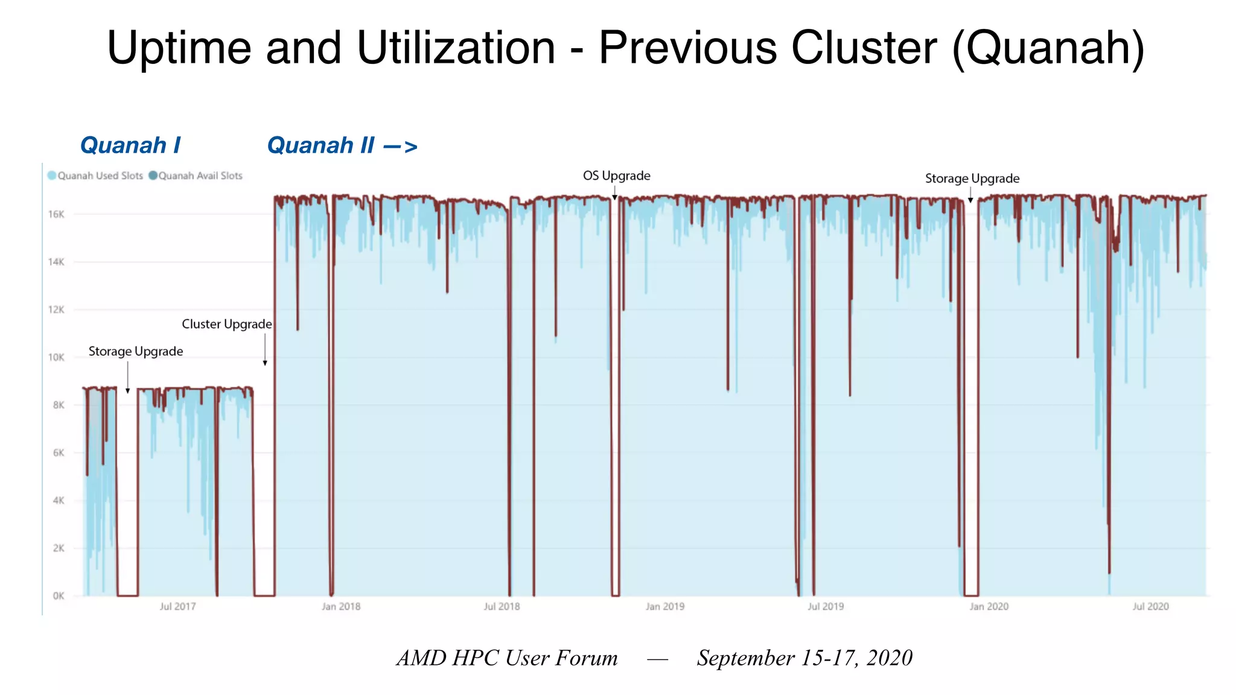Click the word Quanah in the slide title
click(1048, 48)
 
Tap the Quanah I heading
click(130, 145)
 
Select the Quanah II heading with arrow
click(342, 145)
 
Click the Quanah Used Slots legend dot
click(52, 176)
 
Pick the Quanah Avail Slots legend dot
click(153, 176)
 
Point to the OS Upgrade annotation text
click(616, 176)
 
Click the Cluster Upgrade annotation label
click(227, 324)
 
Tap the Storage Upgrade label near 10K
click(136, 351)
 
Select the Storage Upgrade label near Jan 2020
click(972, 179)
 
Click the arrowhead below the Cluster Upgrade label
click(265, 363)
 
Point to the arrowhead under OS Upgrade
click(614, 197)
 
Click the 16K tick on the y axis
click(56, 214)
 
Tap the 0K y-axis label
click(58, 596)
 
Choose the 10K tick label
click(56, 357)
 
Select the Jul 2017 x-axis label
click(177, 606)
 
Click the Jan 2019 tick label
click(665, 606)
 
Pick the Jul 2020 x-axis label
click(1150, 606)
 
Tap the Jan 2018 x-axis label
click(341, 606)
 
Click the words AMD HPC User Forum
click(507, 658)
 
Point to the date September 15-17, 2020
click(804, 658)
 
